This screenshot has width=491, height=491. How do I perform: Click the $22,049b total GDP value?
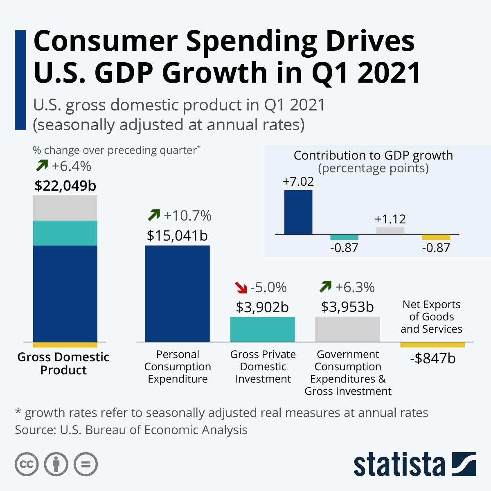(x=65, y=186)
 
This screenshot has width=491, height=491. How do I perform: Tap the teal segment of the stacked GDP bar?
(x=65, y=233)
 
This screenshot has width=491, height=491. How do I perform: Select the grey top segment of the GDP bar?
(x=65, y=208)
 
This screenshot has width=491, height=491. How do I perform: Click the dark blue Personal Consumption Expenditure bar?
(x=177, y=293)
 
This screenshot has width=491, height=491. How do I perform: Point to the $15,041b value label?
(x=177, y=236)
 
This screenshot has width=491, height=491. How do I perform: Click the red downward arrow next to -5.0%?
(x=241, y=288)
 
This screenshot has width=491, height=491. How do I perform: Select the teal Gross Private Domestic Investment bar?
(x=262, y=329)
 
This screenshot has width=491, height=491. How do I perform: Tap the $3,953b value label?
(x=347, y=307)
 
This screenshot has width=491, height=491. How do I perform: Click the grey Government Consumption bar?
(x=347, y=329)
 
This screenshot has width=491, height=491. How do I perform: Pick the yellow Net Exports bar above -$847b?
(x=432, y=345)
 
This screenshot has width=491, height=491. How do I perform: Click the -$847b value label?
(x=432, y=358)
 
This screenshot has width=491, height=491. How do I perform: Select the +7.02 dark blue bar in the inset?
(x=298, y=212)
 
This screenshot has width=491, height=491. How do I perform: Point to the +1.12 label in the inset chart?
(x=390, y=219)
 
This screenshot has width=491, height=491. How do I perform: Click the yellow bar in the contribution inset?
(x=436, y=237)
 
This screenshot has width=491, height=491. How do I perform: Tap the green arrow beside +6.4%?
(x=41, y=166)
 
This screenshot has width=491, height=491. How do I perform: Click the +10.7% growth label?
(x=187, y=215)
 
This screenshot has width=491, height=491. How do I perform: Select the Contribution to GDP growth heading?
(x=373, y=155)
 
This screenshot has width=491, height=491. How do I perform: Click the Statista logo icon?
(x=464, y=464)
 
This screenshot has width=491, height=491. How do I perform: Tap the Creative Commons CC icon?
(x=27, y=464)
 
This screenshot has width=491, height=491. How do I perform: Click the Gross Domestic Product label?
(x=63, y=363)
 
